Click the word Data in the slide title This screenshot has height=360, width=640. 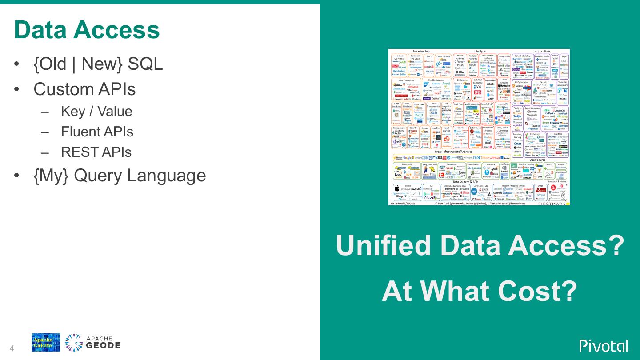(x=40, y=30)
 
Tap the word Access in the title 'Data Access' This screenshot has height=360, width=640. (x=116, y=30)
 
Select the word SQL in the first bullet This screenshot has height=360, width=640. (x=145, y=64)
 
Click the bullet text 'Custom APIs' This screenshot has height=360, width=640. (x=84, y=89)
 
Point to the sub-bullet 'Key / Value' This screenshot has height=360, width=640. (x=96, y=111)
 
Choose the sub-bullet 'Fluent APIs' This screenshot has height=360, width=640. (x=97, y=132)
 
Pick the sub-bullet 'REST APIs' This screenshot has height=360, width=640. (x=96, y=152)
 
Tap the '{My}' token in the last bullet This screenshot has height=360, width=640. (x=51, y=175)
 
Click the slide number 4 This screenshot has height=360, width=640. (x=12, y=348)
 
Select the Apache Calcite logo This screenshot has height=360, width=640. (x=46, y=343)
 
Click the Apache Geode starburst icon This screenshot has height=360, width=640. (x=74, y=343)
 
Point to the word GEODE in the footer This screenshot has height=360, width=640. (x=103, y=346)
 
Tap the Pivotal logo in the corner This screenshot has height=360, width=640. (x=604, y=345)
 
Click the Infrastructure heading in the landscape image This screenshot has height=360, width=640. (x=421, y=52)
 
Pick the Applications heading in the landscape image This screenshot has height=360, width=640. (x=542, y=52)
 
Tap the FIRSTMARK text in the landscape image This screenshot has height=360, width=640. (x=552, y=204)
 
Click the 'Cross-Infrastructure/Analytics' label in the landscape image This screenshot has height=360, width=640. (x=453, y=152)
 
